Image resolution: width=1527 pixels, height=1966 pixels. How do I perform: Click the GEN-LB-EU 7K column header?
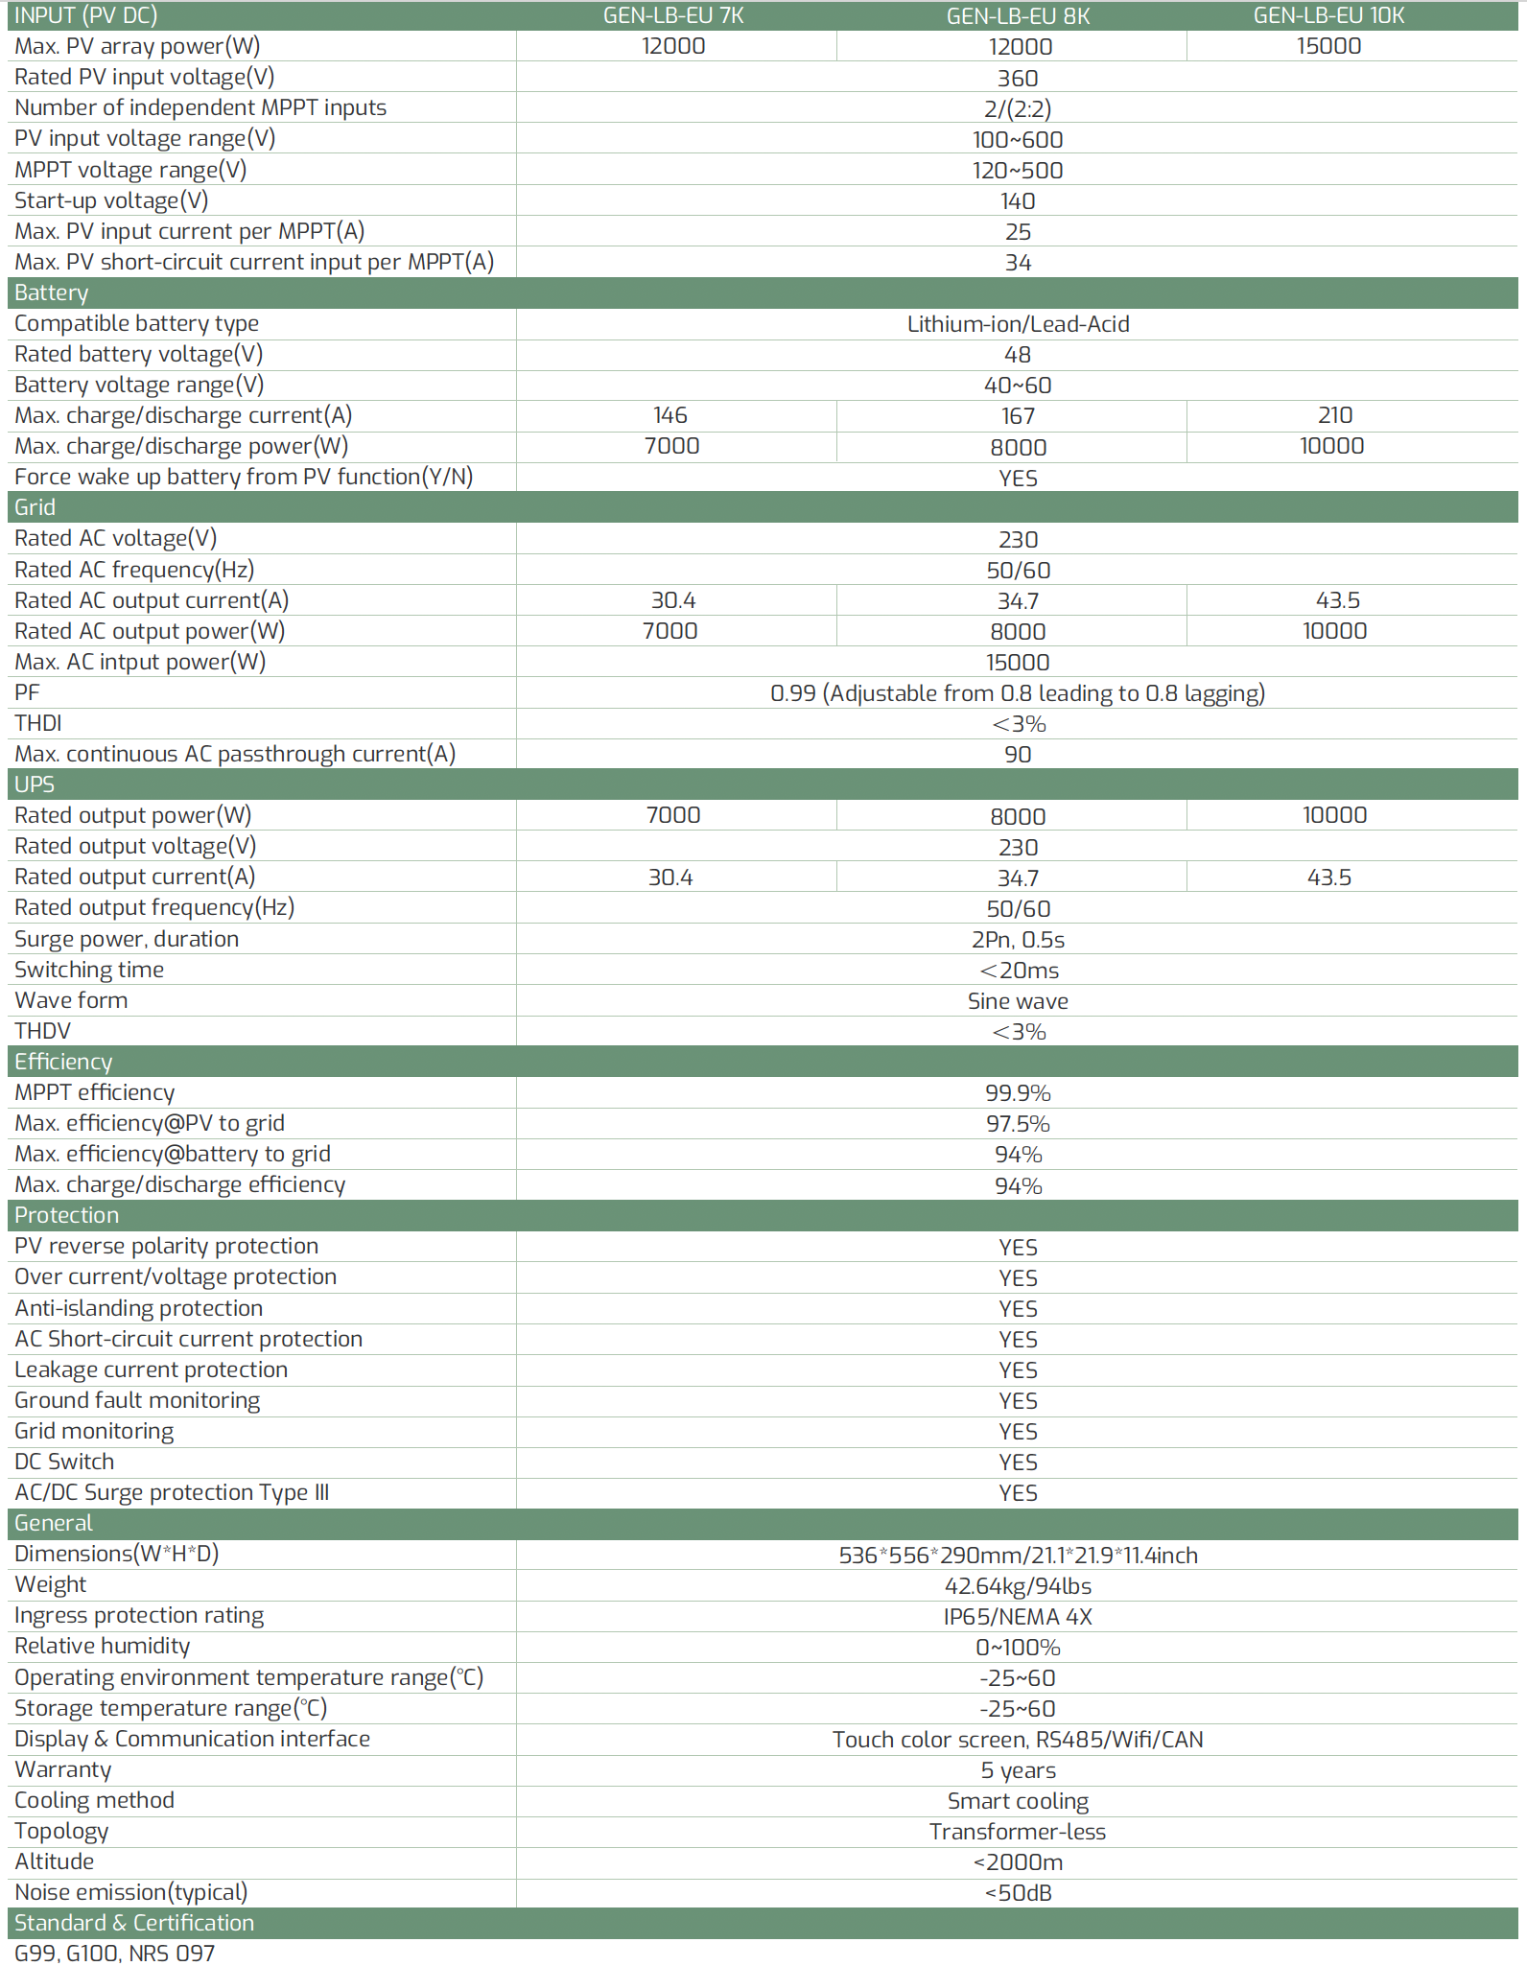(673, 15)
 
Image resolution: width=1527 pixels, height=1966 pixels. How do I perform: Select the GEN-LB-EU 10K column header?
(1328, 15)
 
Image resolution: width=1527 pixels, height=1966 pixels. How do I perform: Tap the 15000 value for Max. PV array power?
(1328, 46)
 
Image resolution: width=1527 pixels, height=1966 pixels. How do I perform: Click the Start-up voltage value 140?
(1018, 201)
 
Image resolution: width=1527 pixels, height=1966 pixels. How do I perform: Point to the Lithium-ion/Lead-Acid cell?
(1018, 324)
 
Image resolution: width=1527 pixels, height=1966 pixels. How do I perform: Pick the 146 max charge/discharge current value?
(670, 415)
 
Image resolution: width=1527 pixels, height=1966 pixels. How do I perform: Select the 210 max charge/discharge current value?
(1334, 415)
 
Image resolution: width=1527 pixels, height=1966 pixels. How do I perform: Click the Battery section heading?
(52, 293)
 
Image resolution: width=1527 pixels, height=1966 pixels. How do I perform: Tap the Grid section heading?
(35, 507)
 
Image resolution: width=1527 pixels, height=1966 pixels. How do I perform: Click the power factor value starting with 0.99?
(1018, 693)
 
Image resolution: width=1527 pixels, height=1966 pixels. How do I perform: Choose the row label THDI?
(38, 723)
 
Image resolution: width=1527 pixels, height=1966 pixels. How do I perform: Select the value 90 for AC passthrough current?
(1018, 755)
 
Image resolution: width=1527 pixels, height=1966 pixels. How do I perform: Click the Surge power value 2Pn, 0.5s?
(1018, 940)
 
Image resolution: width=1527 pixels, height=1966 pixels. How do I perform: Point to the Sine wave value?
(1018, 1001)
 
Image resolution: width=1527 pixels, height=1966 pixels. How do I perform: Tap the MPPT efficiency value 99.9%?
(1018, 1093)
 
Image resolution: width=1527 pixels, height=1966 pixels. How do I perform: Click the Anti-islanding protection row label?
(139, 1308)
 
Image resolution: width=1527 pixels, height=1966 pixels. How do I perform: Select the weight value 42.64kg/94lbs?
(1018, 1586)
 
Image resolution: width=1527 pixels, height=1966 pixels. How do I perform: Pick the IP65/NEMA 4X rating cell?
(1018, 1617)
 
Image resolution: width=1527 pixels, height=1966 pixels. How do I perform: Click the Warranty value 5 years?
(1018, 1770)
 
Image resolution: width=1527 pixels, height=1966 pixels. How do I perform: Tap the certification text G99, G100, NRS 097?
(115, 1953)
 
